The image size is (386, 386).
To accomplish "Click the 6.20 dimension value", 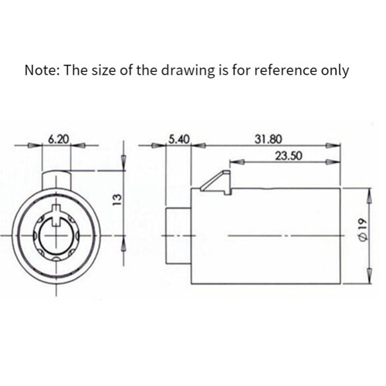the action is click(59, 139).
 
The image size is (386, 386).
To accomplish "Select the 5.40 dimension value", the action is click(179, 139).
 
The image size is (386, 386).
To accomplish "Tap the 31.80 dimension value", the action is click(269, 139).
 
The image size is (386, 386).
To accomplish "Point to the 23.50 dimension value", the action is click(289, 156).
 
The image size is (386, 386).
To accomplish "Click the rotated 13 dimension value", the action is click(117, 199).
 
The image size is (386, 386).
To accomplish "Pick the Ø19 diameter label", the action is click(362, 230).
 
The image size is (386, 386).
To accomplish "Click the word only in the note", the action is click(335, 71).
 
